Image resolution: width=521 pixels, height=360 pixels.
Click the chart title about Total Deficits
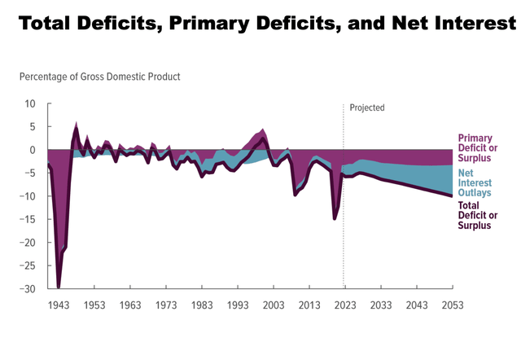(260, 22)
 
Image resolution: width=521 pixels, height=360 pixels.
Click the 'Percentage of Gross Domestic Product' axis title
(99, 77)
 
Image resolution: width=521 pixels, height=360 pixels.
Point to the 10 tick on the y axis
(30, 104)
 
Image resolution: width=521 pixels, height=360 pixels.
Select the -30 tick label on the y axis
(28, 289)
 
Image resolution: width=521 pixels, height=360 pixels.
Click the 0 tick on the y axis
(33, 151)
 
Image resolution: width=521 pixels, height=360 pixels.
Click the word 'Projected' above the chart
(367, 108)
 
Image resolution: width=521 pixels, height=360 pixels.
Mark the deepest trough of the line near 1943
(59, 287)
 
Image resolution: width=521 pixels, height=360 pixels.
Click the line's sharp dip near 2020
(335, 218)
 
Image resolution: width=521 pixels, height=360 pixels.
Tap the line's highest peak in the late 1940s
(77, 128)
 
